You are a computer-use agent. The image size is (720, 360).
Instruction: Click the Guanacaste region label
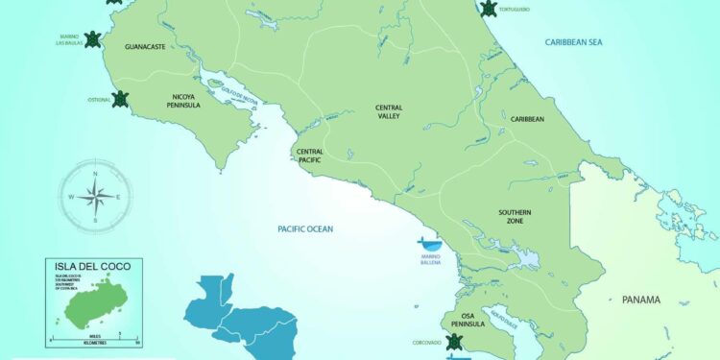pos(147,46)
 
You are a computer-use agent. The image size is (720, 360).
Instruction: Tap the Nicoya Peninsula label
pos(185,100)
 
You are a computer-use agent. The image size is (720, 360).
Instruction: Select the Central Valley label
pos(388,111)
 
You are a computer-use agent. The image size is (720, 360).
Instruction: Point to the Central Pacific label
pos(309,156)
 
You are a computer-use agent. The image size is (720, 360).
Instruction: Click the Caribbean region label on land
pos(527,119)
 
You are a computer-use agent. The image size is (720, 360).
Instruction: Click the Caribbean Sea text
pos(573,42)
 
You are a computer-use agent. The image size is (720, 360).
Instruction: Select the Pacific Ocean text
pos(304,228)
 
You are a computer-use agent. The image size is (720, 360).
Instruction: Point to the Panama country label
pos(641,300)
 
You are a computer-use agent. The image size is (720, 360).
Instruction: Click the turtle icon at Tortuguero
pos(489,9)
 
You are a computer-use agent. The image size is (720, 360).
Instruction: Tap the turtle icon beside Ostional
pos(121,98)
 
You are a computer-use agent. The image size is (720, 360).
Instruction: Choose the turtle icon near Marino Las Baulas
pos(92,39)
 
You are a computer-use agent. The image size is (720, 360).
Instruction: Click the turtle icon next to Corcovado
pos(455,342)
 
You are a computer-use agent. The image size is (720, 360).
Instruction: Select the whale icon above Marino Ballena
pos(429,244)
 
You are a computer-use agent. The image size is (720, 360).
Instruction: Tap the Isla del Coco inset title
pos(93,266)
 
